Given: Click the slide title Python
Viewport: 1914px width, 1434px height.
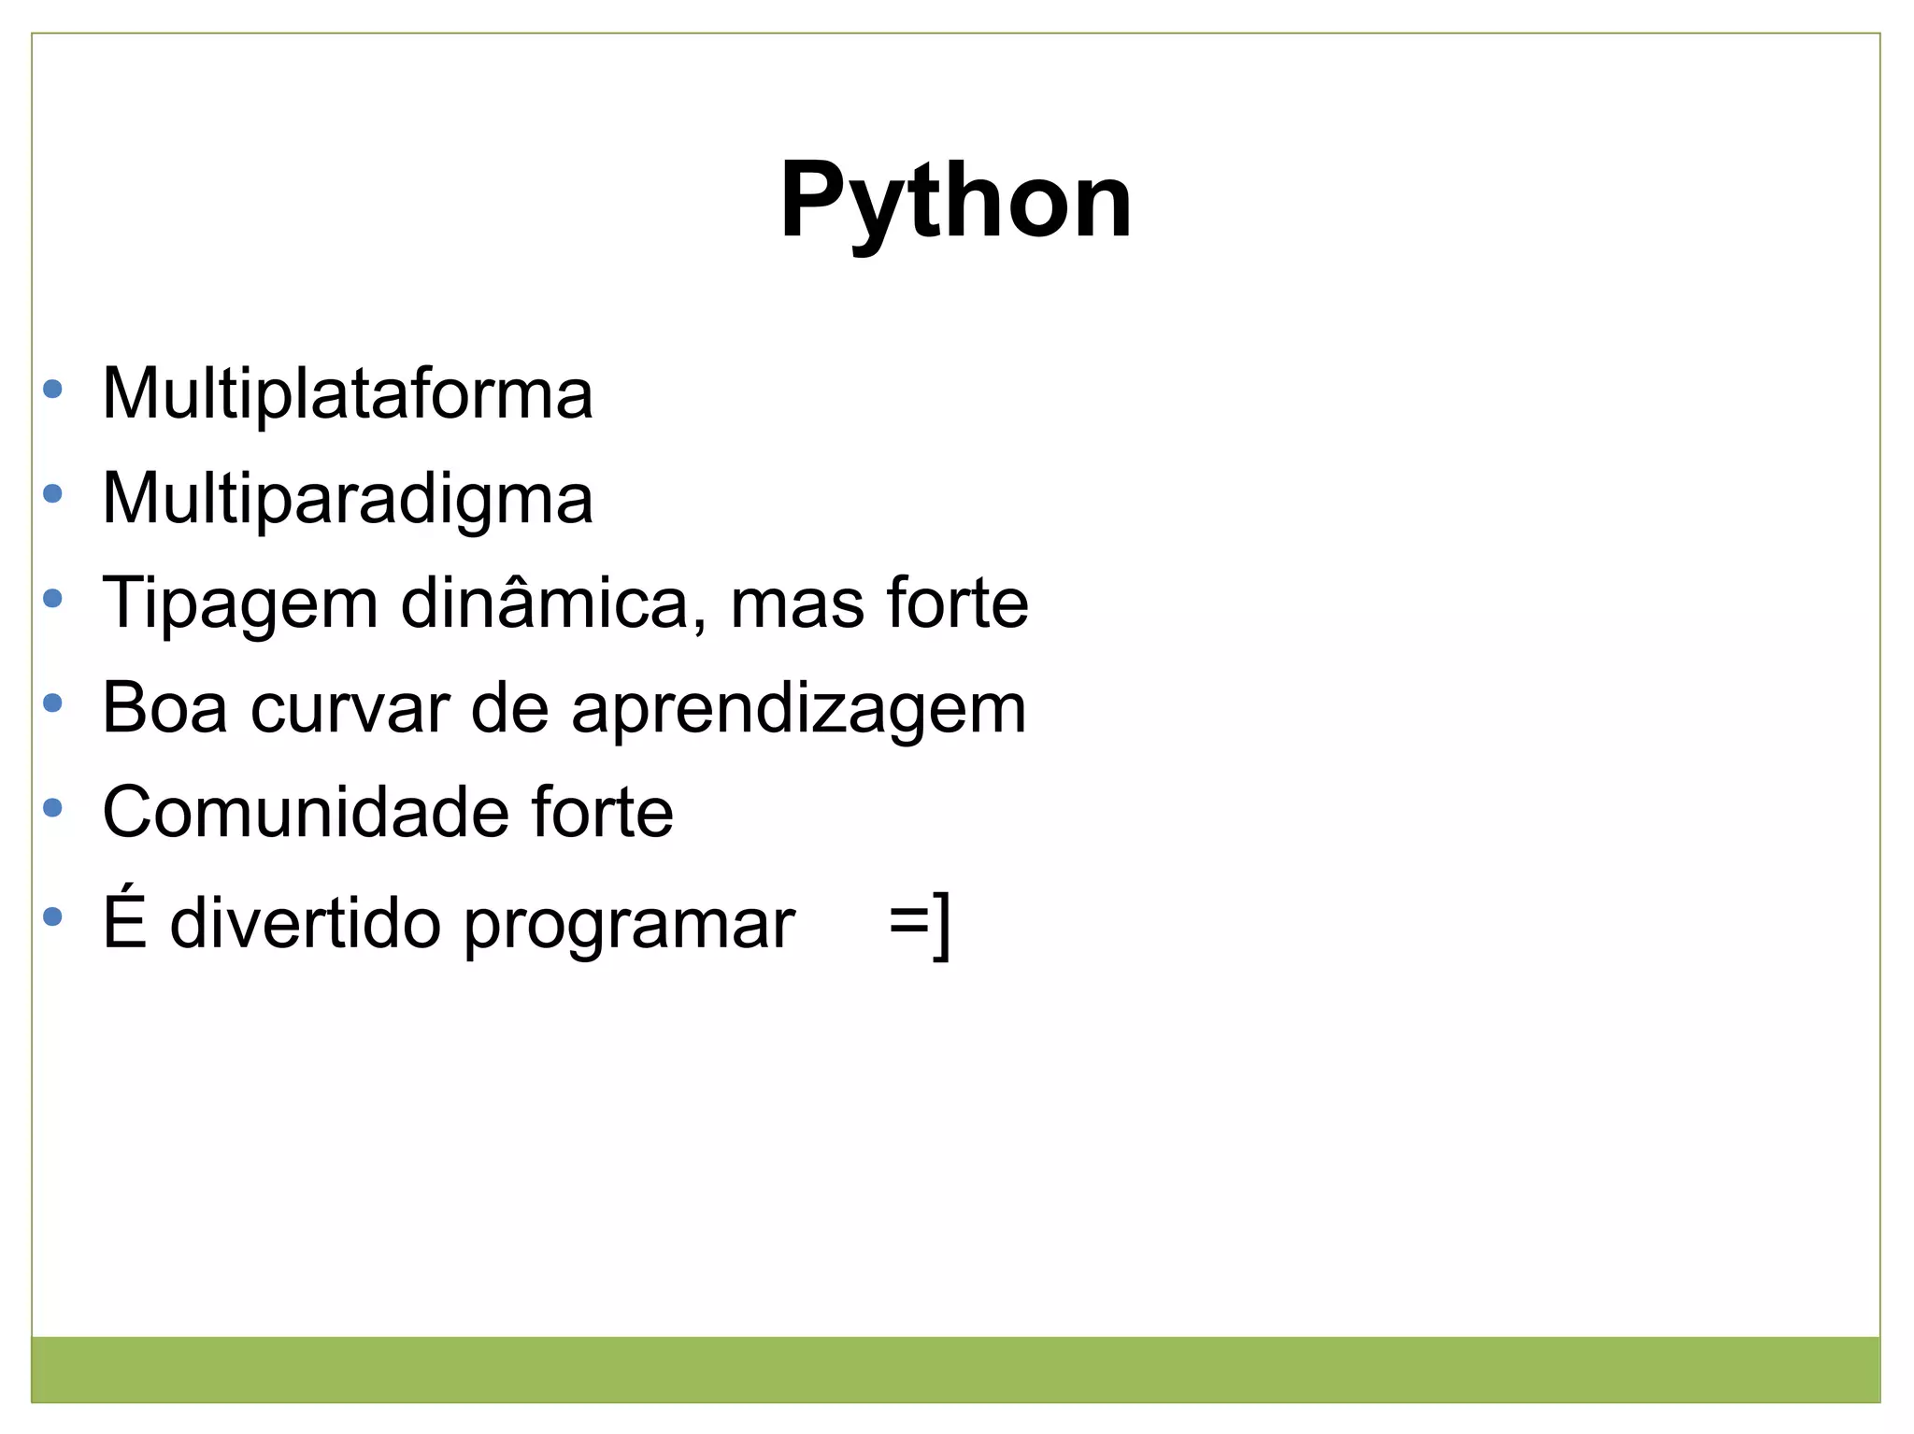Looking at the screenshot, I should click(x=955, y=202).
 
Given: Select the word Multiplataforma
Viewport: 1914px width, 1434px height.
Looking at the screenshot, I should click(x=347, y=394).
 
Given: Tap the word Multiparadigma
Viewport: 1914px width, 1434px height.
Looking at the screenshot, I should click(x=347, y=499).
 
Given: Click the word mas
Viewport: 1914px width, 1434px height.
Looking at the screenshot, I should click(x=797, y=603).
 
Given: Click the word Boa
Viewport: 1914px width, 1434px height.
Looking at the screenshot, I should click(x=164, y=707).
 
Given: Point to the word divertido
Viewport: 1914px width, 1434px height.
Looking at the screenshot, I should click(x=305, y=924).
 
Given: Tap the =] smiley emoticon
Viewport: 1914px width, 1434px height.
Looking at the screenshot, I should click(x=920, y=923).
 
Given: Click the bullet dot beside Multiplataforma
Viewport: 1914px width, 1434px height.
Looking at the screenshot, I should click(x=53, y=389).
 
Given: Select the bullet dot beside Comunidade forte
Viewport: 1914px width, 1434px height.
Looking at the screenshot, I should click(x=53, y=807).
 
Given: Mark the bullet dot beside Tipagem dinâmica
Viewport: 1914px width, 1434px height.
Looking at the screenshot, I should click(x=53, y=598).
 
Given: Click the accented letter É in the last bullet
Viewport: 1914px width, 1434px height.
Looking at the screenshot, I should click(x=124, y=920).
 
